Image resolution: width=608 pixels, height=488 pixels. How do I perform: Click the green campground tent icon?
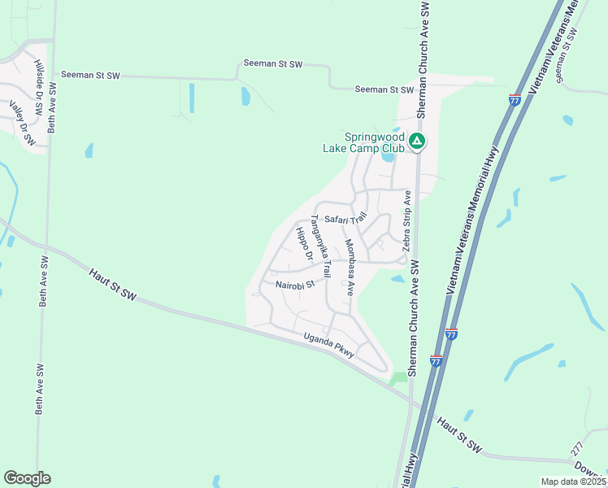417,142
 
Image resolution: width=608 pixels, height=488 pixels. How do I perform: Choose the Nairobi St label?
294,285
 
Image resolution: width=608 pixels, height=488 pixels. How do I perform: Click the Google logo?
27,478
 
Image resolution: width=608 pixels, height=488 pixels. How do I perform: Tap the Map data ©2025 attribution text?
573,481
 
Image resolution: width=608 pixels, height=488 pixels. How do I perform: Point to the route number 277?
578,448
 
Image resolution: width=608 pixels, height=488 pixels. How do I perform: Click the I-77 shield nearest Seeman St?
515,99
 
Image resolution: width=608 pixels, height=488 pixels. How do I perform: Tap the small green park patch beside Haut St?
397,377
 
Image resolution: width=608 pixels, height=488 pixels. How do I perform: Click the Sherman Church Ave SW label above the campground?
422,57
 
